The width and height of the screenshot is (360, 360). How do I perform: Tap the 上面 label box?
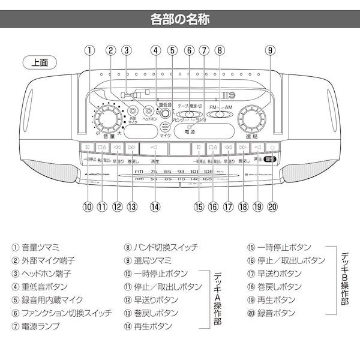[x=41, y=62]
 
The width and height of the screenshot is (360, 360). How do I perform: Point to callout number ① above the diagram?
[x=88, y=52]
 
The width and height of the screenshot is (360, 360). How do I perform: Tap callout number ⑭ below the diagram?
[x=155, y=206]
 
